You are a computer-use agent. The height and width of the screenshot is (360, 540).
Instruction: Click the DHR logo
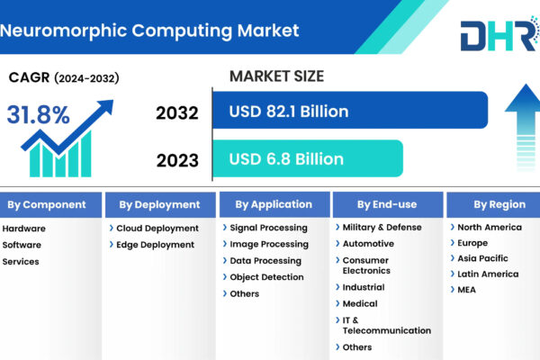pos(500,34)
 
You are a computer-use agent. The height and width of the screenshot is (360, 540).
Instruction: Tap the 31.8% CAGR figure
pos(38,114)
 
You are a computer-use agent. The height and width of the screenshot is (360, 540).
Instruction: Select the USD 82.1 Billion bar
pos(350,110)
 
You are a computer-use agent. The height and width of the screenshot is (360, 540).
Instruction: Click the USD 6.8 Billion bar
pos(308,158)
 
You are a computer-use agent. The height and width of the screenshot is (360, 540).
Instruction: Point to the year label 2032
pos(177,113)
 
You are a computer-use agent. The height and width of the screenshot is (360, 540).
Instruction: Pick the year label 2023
pos(177,160)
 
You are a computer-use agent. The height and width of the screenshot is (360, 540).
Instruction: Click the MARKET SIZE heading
pos(276,76)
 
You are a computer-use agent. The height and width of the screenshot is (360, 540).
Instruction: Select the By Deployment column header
pos(160,204)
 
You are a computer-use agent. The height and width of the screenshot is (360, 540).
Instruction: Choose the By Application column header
pos(274,204)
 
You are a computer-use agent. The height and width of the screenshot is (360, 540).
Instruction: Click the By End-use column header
pos(388,204)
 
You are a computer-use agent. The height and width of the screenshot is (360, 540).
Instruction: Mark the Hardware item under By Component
pos(23,229)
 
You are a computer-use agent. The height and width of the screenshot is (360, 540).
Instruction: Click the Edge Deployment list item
pos(155,245)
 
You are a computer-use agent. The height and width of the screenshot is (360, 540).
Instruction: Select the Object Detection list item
pos(266,277)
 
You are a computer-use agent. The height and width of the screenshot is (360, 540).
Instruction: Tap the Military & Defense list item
pos(382,228)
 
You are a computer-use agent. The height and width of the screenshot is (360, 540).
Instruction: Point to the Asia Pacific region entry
pos(482,258)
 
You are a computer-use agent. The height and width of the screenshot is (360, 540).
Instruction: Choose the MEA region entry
pos(466,290)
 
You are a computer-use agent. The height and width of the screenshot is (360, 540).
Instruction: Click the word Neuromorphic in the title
pos(63,31)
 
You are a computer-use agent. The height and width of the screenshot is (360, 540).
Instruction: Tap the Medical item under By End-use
pos(360,303)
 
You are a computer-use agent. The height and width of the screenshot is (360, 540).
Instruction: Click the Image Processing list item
pos(269,244)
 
